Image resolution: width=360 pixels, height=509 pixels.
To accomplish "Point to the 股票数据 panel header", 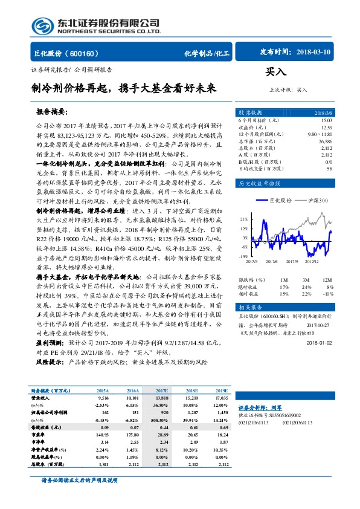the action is [250, 112].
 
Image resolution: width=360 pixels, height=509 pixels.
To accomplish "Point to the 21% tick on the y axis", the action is [243, 219].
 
